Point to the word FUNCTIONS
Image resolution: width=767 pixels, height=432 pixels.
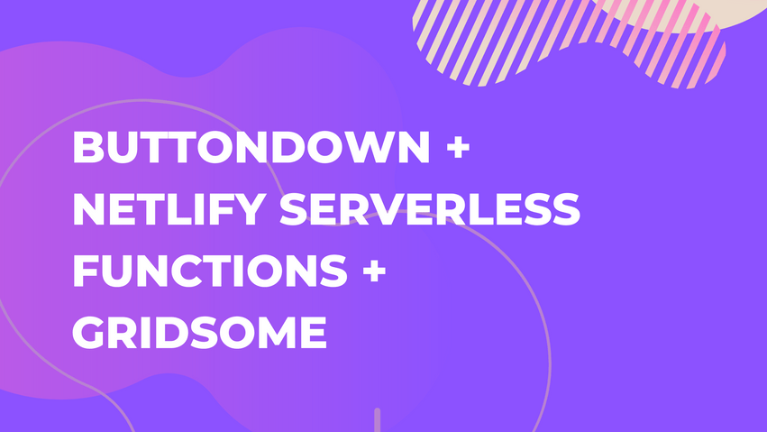(208, 272)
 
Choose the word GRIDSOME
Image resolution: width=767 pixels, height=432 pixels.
(198, 334)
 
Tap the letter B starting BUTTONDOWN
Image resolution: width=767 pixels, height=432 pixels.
(88, 149)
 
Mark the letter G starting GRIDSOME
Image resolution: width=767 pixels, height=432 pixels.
(91, 334)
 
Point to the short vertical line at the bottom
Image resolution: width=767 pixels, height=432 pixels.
(377, 419)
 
